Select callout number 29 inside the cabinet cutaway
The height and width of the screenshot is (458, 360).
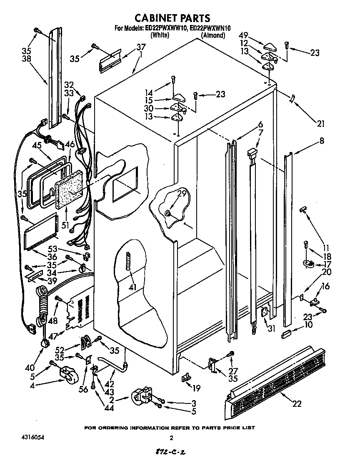181,193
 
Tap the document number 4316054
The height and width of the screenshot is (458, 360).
32,438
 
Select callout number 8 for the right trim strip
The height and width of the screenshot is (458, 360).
321,141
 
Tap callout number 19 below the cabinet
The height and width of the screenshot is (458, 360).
196,388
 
